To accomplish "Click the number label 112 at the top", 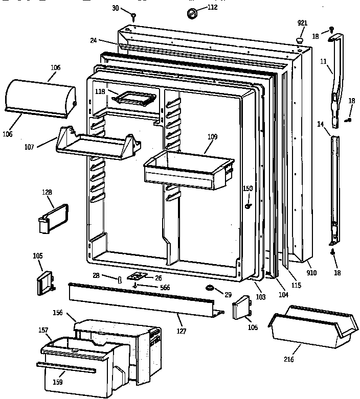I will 212,7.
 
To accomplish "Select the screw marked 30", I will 133,16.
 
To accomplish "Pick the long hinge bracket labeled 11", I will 335,77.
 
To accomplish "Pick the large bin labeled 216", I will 312,327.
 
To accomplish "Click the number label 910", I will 311,273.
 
